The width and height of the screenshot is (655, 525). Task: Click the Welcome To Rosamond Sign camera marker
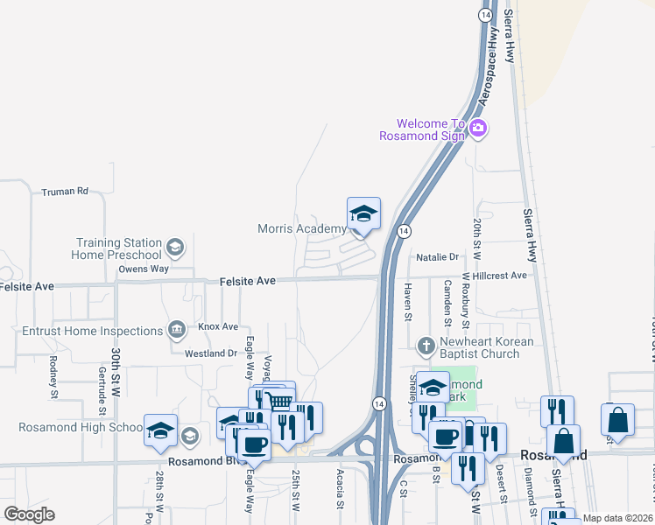point(478,128)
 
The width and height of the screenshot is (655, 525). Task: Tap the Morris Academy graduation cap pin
point(363,213)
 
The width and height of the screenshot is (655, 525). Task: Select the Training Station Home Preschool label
point(119,248)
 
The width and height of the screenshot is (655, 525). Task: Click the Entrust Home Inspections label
point(91,331)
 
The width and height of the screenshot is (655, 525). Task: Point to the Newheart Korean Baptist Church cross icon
point(426,345)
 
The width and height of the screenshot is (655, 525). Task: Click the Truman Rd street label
point(66,191)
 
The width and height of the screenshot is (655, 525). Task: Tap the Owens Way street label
point(144,269)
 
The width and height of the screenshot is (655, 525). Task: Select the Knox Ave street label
point(218,326)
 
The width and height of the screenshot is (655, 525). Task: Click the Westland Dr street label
point(211,353)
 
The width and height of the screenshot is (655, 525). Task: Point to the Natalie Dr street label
point(438,257)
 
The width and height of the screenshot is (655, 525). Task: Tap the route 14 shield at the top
point(485,15)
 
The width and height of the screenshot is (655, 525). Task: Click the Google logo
point(30,514)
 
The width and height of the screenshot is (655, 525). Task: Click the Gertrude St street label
point(103,382)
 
